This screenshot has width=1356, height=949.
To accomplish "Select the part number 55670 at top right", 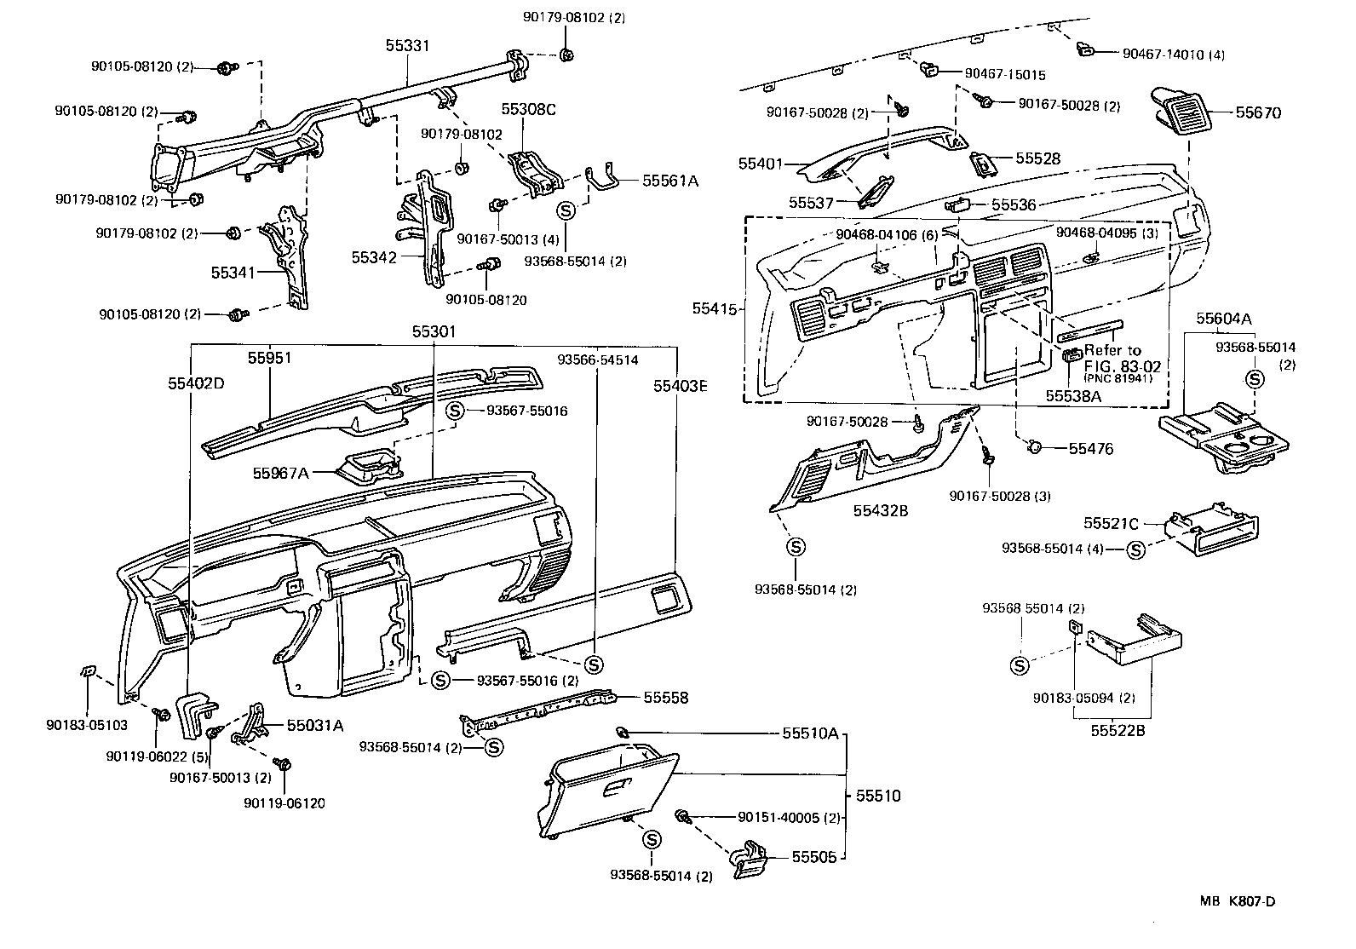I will click(1258, 112).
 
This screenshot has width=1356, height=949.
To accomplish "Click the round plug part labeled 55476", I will click(1036, 446).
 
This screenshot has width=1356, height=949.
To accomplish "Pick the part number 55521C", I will click(1111, 523).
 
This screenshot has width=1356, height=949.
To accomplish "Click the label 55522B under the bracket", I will click(1118, 731).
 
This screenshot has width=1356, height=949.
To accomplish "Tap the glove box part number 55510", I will click(877, 796).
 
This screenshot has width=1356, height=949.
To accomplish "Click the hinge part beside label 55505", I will click(751, 858).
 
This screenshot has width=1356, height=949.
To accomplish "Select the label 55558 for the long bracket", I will click(665, 698).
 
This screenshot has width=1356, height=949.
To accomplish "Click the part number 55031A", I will click(314, 726).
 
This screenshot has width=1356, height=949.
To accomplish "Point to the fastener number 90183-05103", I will click(86, 724).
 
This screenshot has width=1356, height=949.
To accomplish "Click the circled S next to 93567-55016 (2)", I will click(440, 680).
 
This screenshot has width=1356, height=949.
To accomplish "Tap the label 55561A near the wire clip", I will click(669, 181).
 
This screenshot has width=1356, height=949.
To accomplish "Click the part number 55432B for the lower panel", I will click(881, 510).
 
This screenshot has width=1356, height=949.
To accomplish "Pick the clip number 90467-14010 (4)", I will click(1173, 54).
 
